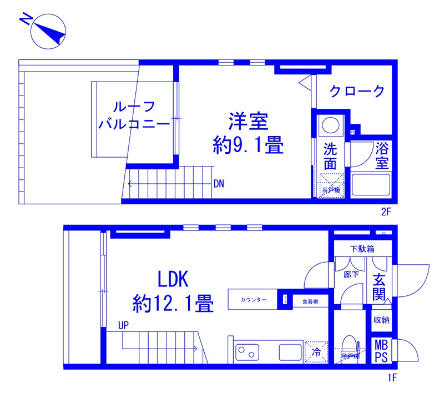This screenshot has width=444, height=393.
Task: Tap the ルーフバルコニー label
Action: [x=133, y=115]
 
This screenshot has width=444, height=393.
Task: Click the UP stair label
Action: [x=123, y=326]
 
